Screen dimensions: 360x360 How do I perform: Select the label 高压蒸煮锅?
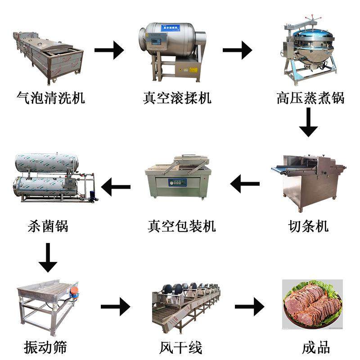(310, 98)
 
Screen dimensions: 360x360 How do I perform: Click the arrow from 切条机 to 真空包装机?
(245, 184)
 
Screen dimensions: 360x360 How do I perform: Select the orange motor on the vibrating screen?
(74, 291)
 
